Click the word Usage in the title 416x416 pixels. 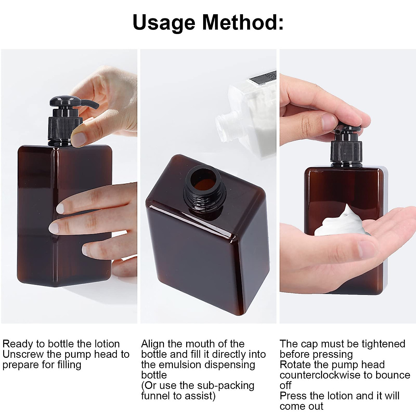pos(164,22)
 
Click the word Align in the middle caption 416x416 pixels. pos(153,344)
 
